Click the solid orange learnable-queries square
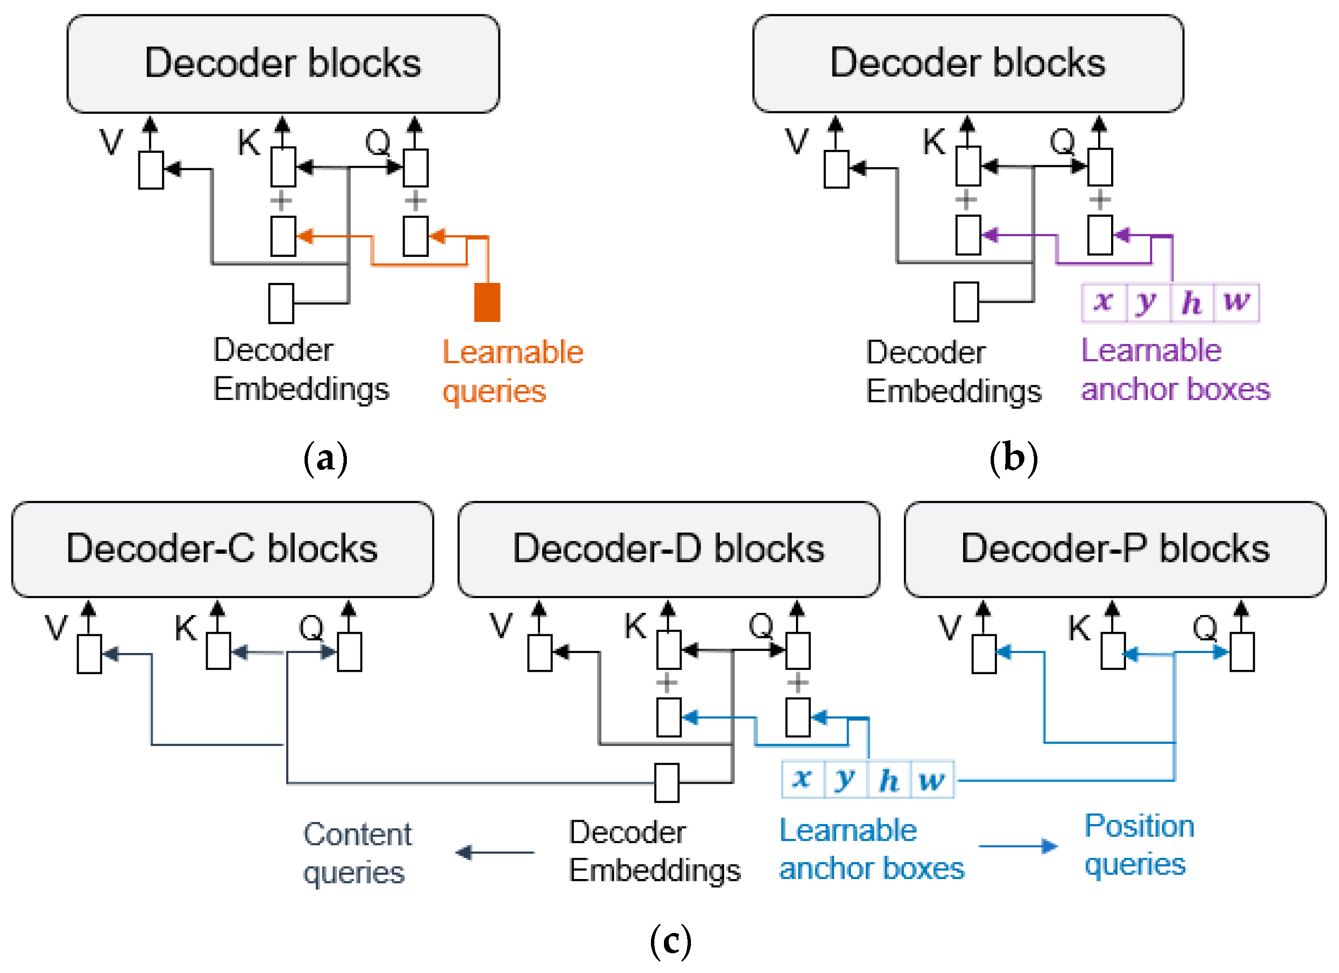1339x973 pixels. point(487,302)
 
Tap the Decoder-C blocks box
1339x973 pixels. point(223,549)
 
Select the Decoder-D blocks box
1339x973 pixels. point(668,549)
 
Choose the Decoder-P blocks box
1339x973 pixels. point(1114,549)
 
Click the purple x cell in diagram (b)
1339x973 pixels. point(1103,302)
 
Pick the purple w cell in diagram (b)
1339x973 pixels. point(1236,302)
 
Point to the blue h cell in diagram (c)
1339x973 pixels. point(889,780)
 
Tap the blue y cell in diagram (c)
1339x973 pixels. point(846,780)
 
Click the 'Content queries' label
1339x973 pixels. point(357,853)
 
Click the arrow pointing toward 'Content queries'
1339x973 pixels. point(495,853)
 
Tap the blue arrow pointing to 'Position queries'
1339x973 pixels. point(1017,846)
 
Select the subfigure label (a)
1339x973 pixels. point(325,459)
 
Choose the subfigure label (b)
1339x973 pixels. point(1013,459)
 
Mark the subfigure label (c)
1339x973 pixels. point(670,941)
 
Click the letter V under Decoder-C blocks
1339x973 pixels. point(56,627)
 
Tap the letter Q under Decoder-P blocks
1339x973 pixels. point(1205,627)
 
